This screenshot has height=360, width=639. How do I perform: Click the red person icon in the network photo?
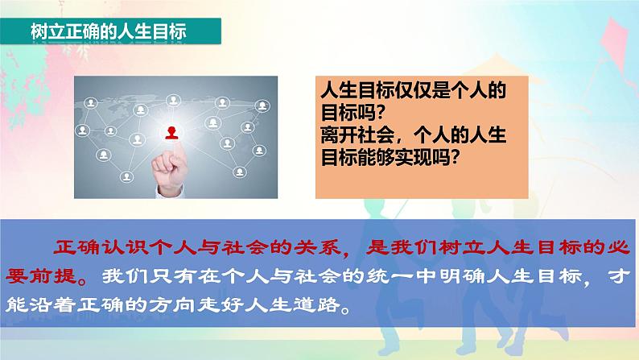[x=171, y=133]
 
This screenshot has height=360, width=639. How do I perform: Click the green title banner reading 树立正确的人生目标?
[x=110, y=31]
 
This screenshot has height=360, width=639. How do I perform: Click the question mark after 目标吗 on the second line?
[x=381, y=113]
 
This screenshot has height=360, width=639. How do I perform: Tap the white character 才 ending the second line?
[x=620, y=276]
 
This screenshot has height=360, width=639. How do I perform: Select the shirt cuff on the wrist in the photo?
[x=171, y=192]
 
